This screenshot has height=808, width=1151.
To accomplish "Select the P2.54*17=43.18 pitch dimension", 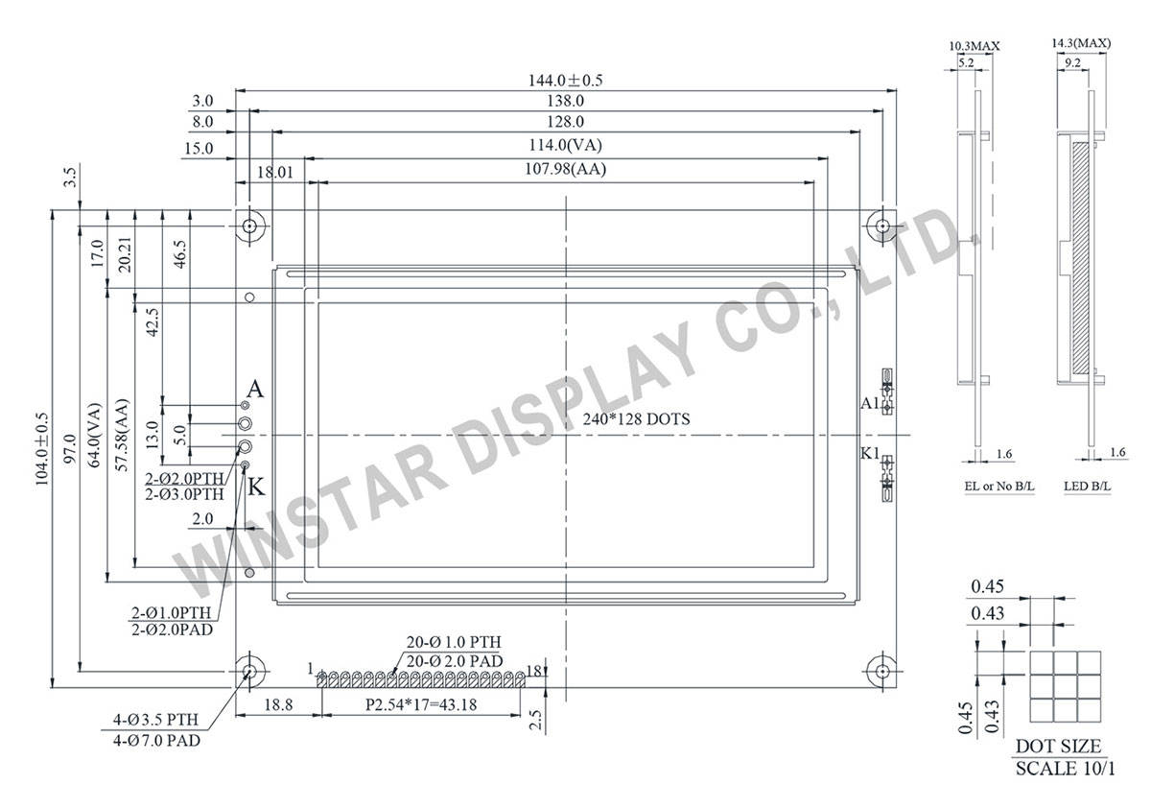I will tap(422, 704).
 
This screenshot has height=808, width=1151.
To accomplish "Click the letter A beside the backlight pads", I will tap(254, 390).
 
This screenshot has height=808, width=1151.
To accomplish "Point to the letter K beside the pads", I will tap(255, 487).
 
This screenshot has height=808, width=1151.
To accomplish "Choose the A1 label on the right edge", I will tap(869, 404).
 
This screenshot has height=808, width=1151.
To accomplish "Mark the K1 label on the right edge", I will tap(869, 453).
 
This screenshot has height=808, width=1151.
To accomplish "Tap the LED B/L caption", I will tap(1087, 487).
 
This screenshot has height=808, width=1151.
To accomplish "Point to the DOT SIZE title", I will tap(1058, 746).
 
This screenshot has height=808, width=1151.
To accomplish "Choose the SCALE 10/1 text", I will tap(1065, 769).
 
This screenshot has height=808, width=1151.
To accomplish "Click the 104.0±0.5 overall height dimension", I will tap(41, 448).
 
